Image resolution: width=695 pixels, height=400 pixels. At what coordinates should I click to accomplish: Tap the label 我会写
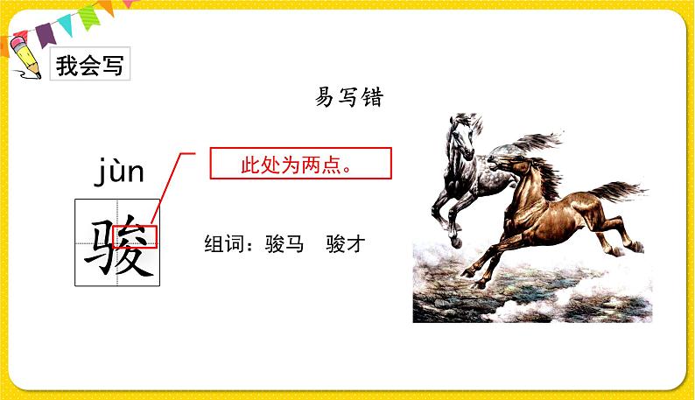89,66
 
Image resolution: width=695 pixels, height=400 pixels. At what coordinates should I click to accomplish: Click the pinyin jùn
119,171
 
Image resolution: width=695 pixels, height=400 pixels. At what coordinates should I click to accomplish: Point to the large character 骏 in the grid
119,242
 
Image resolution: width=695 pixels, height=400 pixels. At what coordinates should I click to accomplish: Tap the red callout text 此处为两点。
300,164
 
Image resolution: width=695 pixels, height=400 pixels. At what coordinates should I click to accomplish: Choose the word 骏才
344,244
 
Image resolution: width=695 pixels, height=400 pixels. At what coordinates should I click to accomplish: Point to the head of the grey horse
461,131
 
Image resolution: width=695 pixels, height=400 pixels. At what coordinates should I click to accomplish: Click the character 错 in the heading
371,98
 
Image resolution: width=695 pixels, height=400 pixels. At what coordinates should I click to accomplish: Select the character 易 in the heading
326,98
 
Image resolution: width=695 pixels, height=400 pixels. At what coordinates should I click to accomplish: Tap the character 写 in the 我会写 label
113,66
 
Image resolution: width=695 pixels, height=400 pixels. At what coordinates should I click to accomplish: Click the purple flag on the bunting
45,33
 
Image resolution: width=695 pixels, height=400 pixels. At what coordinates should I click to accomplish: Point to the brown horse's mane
541,171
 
